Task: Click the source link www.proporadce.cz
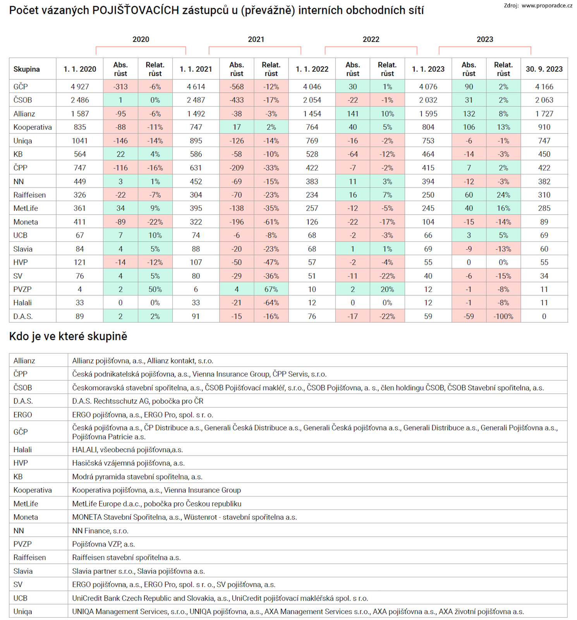point(547,5)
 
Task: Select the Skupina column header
point(27,69)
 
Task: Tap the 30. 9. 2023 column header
point(544,69)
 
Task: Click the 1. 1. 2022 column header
point(312,69)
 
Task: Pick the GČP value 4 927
point(80,87)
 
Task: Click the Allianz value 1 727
point(544,114)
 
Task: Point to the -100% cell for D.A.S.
point(503,317)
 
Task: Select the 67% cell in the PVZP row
point(271,289)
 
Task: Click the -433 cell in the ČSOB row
point(237,100)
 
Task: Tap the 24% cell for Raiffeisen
point(503,195)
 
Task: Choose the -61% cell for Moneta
point(271,222)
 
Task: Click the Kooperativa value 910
point(544,127)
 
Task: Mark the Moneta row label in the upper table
point(26,222)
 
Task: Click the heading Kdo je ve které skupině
point(68,336)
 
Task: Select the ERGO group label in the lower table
point(23,415)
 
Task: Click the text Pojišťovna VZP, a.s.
point(103,544)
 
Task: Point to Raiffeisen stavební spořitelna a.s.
point(127,558)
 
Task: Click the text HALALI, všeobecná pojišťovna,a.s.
point(128,450)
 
